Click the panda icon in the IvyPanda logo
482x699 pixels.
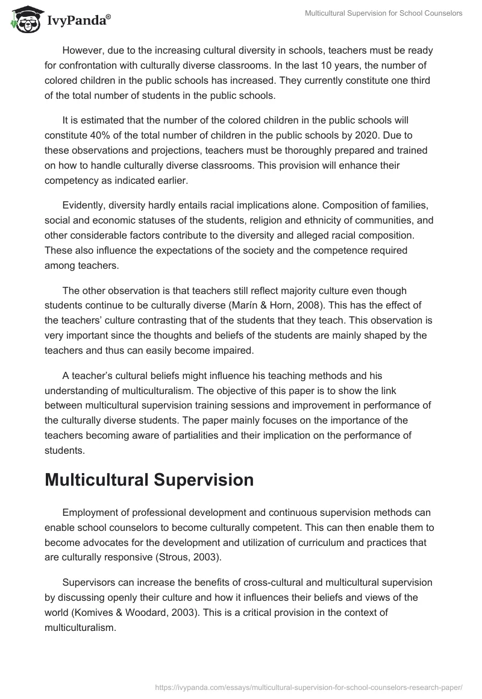click(x=23, y=19)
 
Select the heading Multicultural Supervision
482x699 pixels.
click(x=149, y=480)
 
